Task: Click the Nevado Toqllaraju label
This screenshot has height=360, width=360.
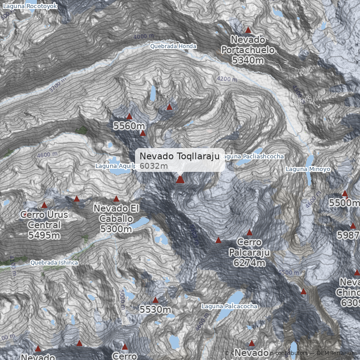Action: click(179, 156)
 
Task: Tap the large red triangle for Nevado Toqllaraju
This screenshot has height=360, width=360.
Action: click(180, 180)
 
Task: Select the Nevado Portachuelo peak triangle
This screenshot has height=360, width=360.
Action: click(247, 30)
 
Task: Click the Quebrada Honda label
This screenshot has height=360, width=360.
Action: click(173, 46)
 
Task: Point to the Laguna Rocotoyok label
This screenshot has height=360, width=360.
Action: click(30, 6)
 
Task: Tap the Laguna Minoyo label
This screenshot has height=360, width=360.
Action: click(308, 169)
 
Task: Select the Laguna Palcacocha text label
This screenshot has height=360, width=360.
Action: click(229, 306)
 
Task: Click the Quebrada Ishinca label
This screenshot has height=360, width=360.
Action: click(54, 262)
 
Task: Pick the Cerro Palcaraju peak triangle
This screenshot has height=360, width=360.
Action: click(249, 233)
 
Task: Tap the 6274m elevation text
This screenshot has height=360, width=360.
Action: click(248, 263)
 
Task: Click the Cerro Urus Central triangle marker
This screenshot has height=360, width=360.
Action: click(44, 205)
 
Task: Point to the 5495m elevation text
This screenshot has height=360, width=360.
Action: click(44, 235)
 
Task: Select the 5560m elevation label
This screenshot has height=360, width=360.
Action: click(129, 126)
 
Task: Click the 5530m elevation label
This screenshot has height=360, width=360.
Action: click(155, 310)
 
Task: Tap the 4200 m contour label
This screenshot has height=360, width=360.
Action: click(227, 79)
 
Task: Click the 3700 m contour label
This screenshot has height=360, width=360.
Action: click(58, 85)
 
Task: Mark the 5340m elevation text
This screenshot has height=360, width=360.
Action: click(248, 59)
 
